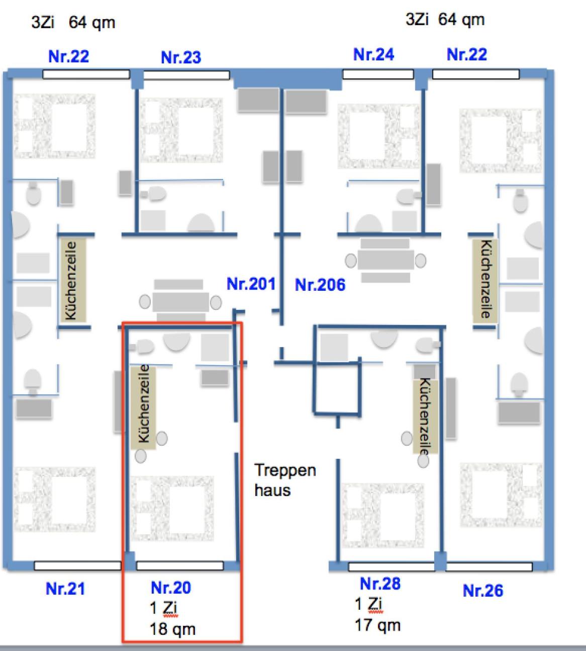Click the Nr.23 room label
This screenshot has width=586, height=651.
click(x=181, y=57)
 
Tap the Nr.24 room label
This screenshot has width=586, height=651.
click(x=373, y=54)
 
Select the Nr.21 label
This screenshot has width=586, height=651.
click(x=65, y=588)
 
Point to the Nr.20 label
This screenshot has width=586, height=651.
click(x=171, y=587)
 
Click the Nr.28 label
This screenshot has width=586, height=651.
click(x=380, y=584)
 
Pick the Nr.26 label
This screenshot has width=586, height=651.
click(x=482, y=590)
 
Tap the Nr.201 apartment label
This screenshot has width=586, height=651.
click(x=251, y=284)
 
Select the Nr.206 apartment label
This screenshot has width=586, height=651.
click(x=320, y=285)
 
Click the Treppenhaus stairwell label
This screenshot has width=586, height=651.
click(x=285, y=480)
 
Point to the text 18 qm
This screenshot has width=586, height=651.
click(x=172, y=629)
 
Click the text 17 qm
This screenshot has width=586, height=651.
click(x=377, y=625)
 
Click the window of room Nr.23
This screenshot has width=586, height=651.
click(x=186, y=75)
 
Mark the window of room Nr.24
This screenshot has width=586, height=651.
click(x=378, y=74)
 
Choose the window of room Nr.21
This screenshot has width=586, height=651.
click(x=77, y=565)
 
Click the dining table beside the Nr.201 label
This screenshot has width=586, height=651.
click(x=180, y=302)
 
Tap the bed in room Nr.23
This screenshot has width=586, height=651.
click(x=181, y=130)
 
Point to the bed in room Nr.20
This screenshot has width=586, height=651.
click(x=172, y=508)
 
